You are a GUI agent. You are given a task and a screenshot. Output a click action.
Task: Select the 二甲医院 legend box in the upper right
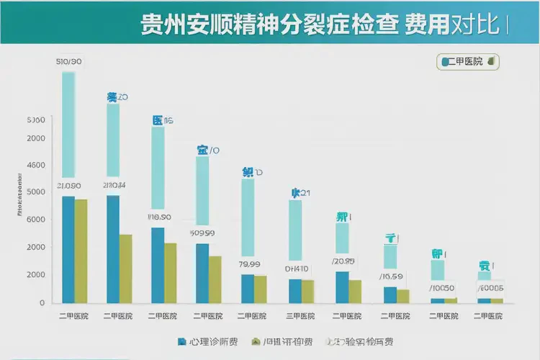468,62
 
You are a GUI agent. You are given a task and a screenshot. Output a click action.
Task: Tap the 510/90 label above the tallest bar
68,62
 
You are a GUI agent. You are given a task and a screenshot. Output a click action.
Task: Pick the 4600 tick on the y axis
35,165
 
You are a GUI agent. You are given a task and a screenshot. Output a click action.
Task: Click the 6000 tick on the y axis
35,220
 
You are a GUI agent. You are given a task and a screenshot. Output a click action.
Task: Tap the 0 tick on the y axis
42,302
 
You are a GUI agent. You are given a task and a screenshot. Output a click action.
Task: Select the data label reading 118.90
158,217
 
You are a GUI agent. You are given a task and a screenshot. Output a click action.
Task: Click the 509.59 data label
202,233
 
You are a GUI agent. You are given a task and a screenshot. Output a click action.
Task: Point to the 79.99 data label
248,264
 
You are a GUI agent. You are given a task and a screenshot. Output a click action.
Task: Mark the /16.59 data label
391,276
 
